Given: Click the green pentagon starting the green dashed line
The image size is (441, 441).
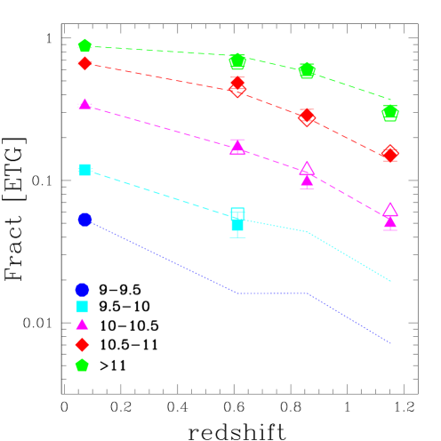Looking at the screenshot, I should [84, 45].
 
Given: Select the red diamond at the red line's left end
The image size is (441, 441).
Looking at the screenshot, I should [84, 63].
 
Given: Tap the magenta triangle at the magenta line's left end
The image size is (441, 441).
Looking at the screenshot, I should [84, 104].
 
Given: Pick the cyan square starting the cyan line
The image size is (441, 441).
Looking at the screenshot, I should [85, 170].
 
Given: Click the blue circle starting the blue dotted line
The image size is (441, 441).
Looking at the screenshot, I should [84, 220].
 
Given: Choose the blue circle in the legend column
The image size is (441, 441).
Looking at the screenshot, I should [82, 290].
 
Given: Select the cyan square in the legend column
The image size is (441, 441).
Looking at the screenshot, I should [82, 307].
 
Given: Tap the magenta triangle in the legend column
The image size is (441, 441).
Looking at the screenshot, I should [82, 325].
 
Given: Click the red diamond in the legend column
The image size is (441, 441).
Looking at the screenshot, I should [82, 344].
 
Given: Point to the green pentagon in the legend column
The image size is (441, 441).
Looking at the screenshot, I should [82, 365].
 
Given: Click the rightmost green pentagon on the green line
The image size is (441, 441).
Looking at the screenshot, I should [389, 112].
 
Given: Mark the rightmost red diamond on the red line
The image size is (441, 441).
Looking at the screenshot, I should [389, 154].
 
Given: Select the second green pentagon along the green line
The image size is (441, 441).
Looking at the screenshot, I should [237, 60].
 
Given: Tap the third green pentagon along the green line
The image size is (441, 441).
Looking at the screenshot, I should [307, 70].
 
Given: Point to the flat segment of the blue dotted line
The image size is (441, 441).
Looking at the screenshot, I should [272, 293].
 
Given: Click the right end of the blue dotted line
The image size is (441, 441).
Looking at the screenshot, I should [390, 342].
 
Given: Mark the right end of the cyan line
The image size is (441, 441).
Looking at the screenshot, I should [390, 281].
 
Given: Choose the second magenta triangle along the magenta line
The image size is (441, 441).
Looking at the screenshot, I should [237, 148].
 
